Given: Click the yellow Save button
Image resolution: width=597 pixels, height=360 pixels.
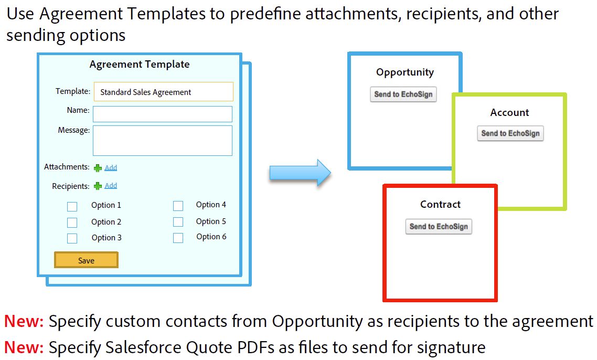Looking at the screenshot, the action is coord(86,260).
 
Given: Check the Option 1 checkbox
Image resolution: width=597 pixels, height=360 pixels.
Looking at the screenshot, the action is coord(72,206).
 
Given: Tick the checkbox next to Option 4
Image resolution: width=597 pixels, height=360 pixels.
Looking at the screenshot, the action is coord(178,206).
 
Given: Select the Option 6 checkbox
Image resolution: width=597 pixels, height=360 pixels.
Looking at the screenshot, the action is coord(178,238).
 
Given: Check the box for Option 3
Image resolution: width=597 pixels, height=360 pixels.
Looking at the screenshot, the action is coord(72,238).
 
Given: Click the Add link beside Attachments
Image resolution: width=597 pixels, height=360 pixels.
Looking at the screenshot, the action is coord(111,167).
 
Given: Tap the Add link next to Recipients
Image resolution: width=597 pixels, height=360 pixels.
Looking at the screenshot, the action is coord(111,186).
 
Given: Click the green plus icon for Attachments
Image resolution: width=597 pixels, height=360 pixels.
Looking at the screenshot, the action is coord(98,167).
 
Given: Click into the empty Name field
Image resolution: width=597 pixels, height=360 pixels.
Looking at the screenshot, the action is coord(163,114).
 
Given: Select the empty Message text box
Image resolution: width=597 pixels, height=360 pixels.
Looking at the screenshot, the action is coord(163,141).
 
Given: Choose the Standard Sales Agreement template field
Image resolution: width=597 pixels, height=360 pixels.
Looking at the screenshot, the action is coord(163,92).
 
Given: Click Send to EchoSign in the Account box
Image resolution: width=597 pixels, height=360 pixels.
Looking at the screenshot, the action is coord(510,133).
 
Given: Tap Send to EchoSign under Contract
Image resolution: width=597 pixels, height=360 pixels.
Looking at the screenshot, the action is coord(439,226).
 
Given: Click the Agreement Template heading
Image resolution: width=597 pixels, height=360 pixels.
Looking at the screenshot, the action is coord(140,65).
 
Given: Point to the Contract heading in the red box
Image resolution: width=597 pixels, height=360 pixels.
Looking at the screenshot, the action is coord(440,204).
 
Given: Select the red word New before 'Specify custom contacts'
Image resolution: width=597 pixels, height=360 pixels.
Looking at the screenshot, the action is coord(24,321).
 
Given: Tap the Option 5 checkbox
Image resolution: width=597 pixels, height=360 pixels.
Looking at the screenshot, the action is coord(178,221).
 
